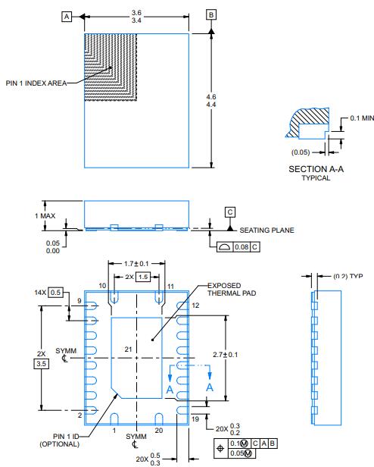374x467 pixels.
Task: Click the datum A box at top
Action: point(67,15)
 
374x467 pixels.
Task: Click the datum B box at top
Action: point(211,14)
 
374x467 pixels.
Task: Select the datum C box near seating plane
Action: point(229,212)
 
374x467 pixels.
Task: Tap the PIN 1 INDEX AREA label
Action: point(36,83)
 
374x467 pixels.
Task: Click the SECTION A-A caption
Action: point(316,168)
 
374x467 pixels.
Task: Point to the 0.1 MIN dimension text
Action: point(358,118)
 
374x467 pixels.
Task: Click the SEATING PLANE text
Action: point(267,230)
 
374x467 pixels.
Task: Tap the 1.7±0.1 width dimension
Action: point(136,263)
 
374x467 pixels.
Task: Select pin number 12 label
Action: point(195,306)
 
